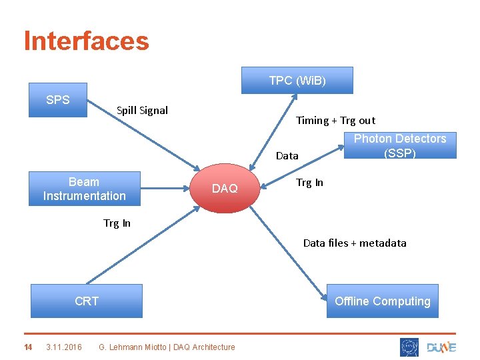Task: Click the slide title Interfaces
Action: pyautogui.click(x=86, y=41)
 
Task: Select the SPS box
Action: pyautogui.click(x=58, y=100)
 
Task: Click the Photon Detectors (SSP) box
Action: pyautogui.click(x=399, y=145)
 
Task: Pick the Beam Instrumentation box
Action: pyautogui.click(x=84, y=189)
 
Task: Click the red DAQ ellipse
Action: pyautogui.click(x=225, y=189)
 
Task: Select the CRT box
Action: pyautogui.click(x=87, y=301)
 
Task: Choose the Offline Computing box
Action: pyautogui.click(x=382, y=301)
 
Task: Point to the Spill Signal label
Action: pyautogui.click(x=142, y=110)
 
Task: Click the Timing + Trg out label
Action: pyautogui.click(x=335, y=120)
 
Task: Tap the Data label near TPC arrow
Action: pyautogui.click(x=287, y=155)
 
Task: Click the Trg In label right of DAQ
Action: pyautogui.click(x=309, y=182)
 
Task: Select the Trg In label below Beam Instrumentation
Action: pyautogui.click(x=117, y=223)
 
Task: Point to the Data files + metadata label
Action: pyautogui.click(x=354, y=243)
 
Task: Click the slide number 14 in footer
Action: pyautogui.click(x=28, y=347)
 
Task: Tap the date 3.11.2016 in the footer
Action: pyautogui.click(x=64, y=347)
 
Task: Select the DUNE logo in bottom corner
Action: pyautogui.click(x=441, y=347)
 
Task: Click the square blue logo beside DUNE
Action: pyautogui.click(x=409, y=347)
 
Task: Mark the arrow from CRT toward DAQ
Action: pyautogui.click(x=143, y=247)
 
